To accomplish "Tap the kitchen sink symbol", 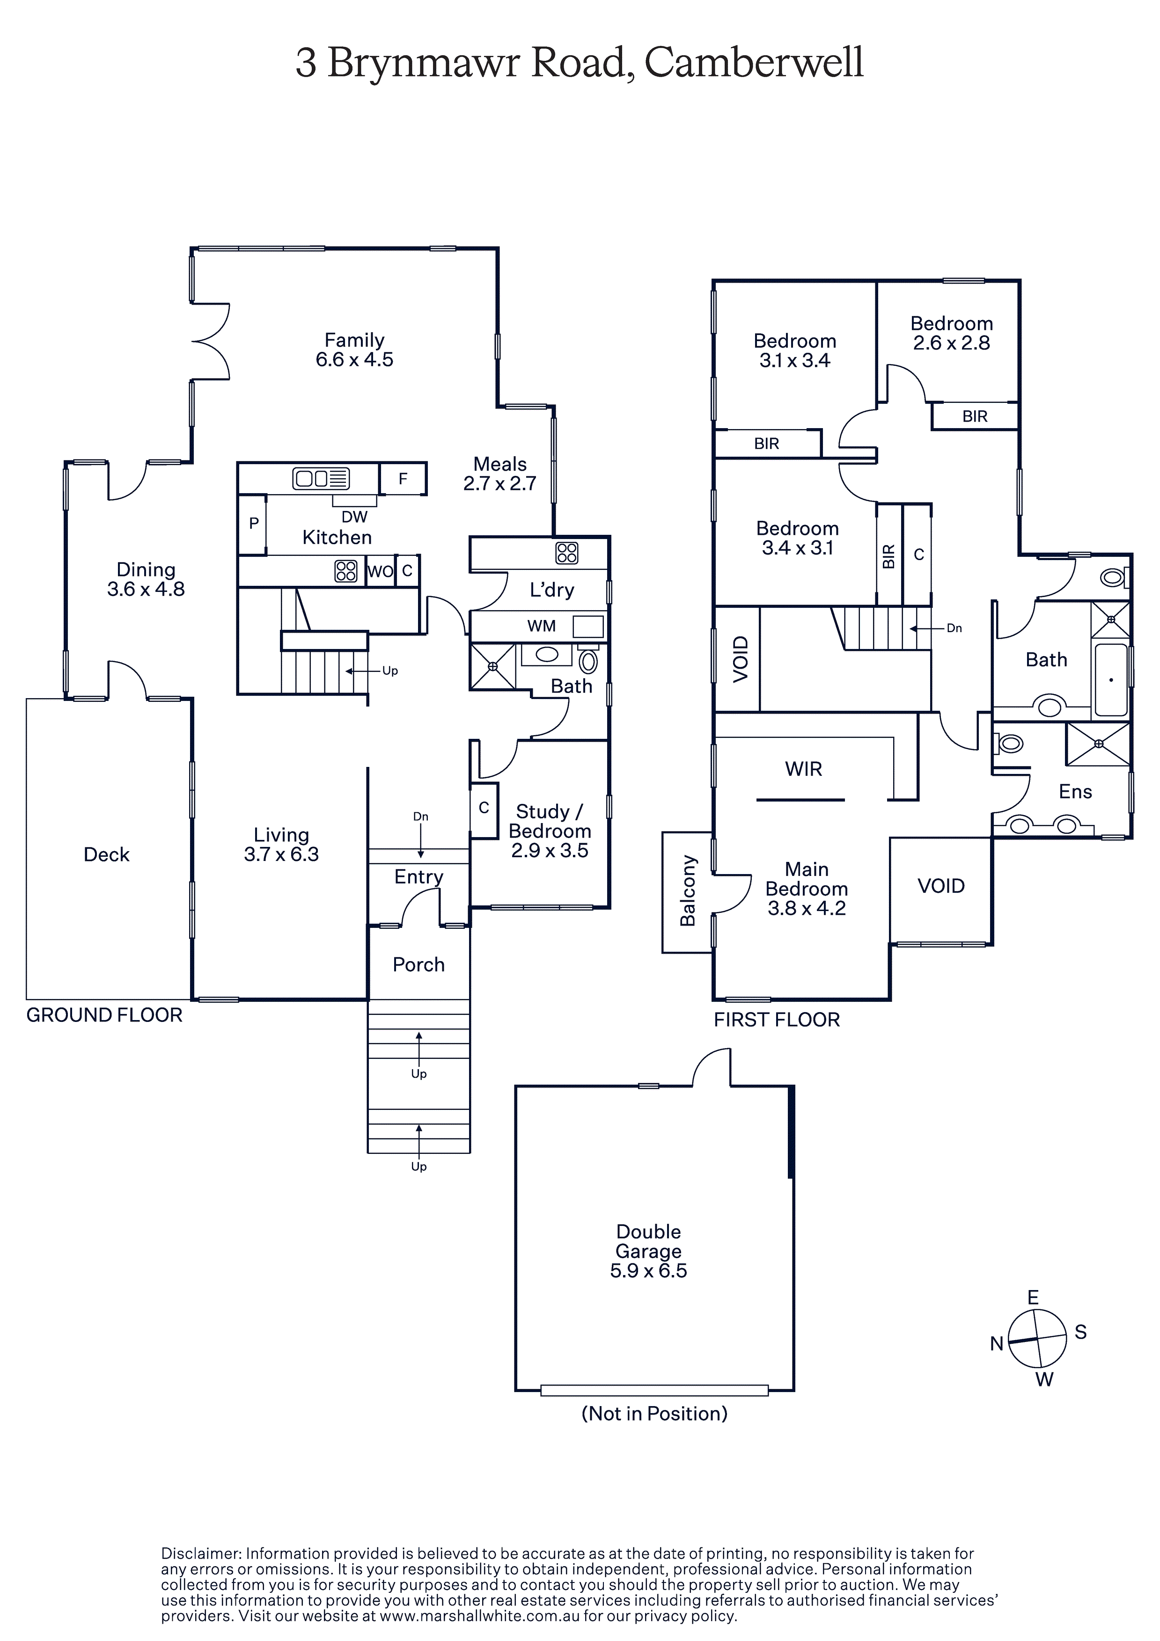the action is click(321, 478).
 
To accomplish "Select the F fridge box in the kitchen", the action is click(403, 479).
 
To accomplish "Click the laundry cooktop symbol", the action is click(567, 553).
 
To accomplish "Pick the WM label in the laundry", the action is click(542, 626).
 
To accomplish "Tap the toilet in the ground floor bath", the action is click(588, 660).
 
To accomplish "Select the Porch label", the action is click(418, 964).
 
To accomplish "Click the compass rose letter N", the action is click(997, 1344).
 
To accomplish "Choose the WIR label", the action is click(803, 769).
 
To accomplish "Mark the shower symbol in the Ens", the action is click(1099, 744).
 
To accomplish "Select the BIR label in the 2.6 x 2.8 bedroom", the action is click(975, 416).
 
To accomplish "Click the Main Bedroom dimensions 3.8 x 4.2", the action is click(807, 908).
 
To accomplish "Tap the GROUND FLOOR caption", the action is click(104, 1015).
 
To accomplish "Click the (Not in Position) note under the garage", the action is click(654, 1413).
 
